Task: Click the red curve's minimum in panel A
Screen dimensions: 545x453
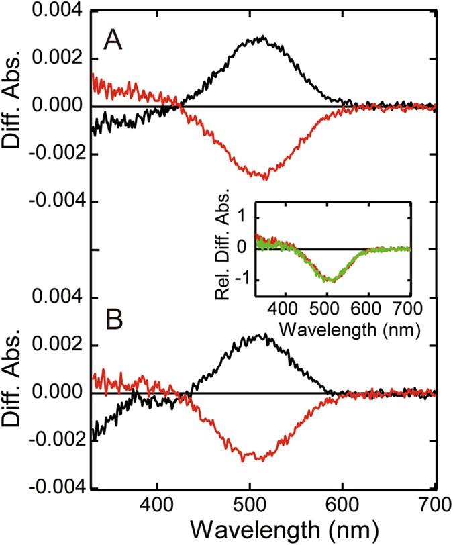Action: (x=266, y=179)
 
